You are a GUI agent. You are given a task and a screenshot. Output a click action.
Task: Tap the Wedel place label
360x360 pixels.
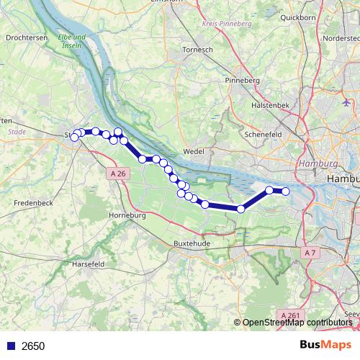pos(194,151)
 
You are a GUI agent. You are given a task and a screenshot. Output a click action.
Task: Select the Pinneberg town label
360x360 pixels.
pos(242,80)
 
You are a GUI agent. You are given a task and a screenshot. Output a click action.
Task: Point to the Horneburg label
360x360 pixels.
pos(127,215)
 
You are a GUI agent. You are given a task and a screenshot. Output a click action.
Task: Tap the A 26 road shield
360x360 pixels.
pos(119,174)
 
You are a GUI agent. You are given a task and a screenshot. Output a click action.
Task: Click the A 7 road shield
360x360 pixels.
pos(310,253)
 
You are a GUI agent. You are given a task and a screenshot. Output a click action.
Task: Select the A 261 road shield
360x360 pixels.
pos(289,315)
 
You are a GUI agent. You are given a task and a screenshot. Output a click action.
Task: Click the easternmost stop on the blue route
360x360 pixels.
pos(285,191)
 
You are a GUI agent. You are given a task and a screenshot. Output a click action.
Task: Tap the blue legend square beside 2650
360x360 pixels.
pos(10,346)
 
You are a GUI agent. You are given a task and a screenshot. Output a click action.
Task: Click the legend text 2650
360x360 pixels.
pos(33,346)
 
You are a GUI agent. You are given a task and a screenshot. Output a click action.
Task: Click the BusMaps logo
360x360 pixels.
pos(325,346)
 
